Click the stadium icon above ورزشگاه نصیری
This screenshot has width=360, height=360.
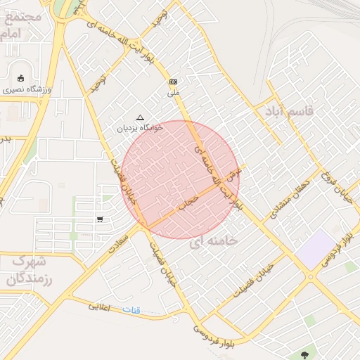click(20, 78)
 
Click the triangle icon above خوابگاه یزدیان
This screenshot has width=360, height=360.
click(139, 118)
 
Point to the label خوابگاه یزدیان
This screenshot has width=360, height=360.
click(140, 129)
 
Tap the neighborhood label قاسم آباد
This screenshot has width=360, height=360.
click(288, 111)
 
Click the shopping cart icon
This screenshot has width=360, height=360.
click(100, 219)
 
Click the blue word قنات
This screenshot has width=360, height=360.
click(131, 310)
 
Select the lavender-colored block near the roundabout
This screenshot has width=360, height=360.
click(316, 247)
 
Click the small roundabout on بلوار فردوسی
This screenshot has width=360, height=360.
click(310, 276)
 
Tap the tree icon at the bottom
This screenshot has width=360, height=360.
click(304, 355)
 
